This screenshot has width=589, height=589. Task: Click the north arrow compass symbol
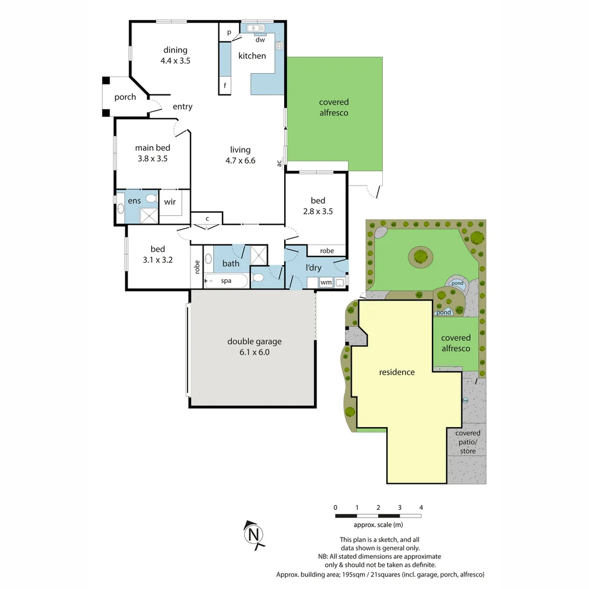pyautogui.click(x=254, y=534)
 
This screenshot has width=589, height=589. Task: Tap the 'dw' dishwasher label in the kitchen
pyautogui.click(x=260, y=40)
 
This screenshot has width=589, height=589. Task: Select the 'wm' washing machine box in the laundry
pyautogui.click(x=326, y=283)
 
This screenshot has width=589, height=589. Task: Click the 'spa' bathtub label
pyautogui.click(x=226, y=281)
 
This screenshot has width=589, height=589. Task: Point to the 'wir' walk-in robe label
pyautogui.click(x=170, y=202)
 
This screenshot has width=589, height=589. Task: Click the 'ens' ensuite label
pyautogui.click(x=134, y=201)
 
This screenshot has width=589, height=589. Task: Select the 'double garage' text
pyautogui.click(x=254, y=341)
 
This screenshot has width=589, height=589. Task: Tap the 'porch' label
pyautogui.click(x=125, y=97)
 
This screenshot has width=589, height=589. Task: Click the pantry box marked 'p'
pyautogui.click(x=229, y=32)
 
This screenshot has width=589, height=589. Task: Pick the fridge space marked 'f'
pyautogui.click(x=225, y=86)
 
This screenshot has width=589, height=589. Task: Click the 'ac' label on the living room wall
pyautogui.click(x=279, y=162)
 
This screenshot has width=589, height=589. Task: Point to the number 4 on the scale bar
pyautogui.click(x=420, y=508)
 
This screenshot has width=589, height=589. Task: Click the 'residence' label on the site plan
pyautogui.click(x=396, y=372)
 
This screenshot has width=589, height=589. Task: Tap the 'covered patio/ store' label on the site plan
pyautogui.click(x=467, y=442)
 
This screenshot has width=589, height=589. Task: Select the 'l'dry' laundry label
pyautogui.click(x=313, y=268)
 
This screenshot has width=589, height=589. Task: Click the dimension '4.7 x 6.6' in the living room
pyautogui.click(x=240, y=160)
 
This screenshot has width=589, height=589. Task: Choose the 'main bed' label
pyautogui.click(x=153, y=147)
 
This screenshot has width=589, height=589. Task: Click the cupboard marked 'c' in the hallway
pyautogui.click(x=207, y=219)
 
